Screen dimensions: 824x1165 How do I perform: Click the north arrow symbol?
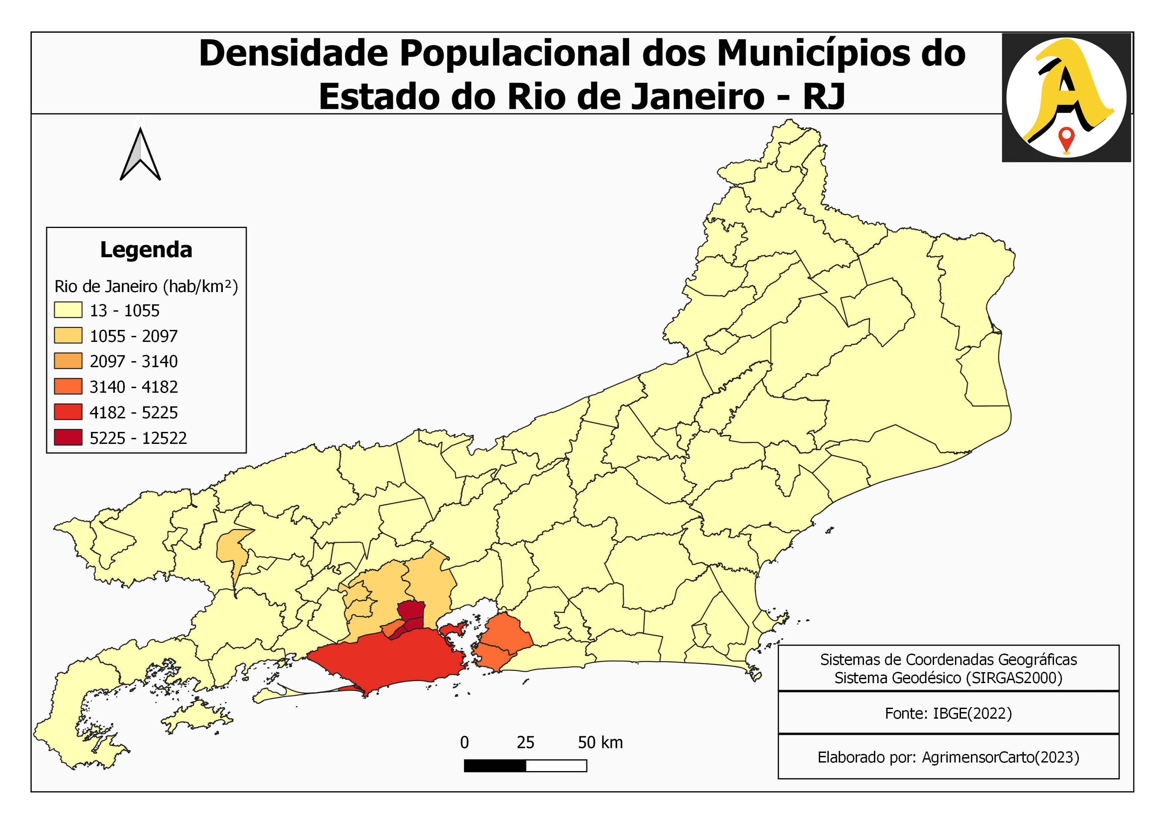(x=140, y=155)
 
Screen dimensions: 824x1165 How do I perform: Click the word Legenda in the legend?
(x=146, y=250)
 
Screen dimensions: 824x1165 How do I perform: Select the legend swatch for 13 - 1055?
(x=68, y=310)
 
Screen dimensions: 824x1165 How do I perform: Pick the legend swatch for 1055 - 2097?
(x=68, y=335)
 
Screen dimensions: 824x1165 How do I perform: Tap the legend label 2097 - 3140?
(x=134, y=361)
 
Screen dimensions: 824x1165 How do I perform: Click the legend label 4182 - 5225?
(x=134, y=413)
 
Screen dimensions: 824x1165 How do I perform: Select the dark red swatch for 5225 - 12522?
(x=68, y=437)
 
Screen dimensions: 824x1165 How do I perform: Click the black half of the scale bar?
(x=495, y=766)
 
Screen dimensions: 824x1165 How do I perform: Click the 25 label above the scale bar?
(x=525, y=743)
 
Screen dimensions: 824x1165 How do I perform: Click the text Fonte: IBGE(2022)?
(x=948, y=713)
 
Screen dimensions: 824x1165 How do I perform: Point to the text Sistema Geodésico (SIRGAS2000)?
(x=948, y=678)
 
